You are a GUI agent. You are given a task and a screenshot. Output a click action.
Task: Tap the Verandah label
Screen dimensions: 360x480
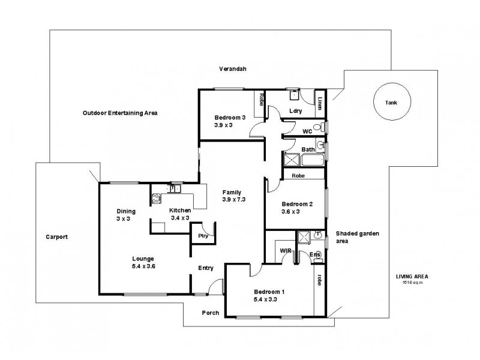click(233, 69)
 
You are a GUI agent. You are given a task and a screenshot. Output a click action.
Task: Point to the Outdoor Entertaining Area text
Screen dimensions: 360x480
click(120, 113)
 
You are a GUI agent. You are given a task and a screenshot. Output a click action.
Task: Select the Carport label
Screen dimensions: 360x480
click(57, 237)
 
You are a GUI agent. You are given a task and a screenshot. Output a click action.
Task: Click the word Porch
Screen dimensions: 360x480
click(210, 313)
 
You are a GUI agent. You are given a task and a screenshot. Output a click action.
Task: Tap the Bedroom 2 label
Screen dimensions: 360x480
click(297, 204)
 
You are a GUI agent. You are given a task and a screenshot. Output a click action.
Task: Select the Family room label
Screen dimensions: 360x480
click(232, 192)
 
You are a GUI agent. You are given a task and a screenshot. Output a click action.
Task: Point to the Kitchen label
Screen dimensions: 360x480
click(180, 211)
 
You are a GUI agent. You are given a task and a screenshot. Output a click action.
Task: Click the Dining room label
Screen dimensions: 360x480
click(126, 211)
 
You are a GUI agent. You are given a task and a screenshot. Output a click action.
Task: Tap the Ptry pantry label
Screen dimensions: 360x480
click(202, 236)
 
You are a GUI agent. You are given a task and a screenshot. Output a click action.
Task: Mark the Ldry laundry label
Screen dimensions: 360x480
click(295, 111)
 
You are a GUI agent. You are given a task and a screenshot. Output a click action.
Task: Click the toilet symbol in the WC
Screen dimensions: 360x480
click(322, 128)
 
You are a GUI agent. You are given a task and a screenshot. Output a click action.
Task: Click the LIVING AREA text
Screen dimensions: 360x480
click(412, 277)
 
